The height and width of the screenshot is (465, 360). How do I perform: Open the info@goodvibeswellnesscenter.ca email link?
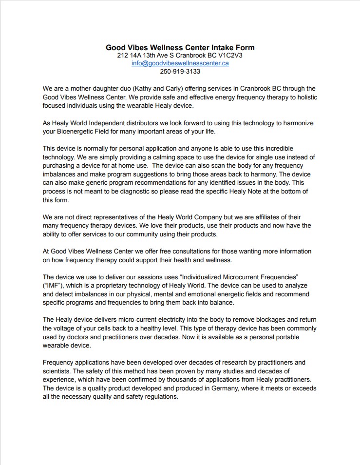click(180, 63)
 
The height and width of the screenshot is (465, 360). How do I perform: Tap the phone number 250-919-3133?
click(180, 71)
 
